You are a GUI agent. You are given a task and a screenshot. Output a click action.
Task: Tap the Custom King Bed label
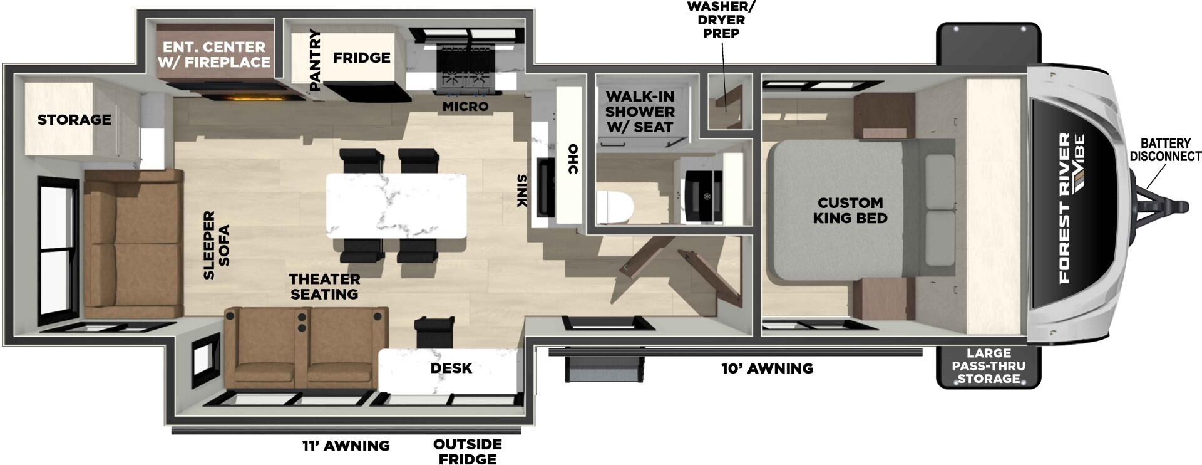(x=850, y=211)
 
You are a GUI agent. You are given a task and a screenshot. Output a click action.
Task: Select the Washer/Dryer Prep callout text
(x=721, y=19)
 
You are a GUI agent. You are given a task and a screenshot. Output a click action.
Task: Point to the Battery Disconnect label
(x=1165, y=150)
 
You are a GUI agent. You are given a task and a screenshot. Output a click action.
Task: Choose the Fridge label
(x=361, y=58)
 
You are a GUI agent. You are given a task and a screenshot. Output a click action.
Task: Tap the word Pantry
(x=315, y=60)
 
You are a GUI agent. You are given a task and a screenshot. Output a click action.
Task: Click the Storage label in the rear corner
(x=74, y=120)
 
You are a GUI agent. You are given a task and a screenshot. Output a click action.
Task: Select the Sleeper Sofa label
(x=217, y=245)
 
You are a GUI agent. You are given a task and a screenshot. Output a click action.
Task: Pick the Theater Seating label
(x=324, y=286)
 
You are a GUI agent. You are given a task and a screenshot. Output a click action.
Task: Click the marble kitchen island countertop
(x=396, y=206)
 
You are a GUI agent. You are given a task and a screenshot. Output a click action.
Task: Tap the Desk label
(x=451, y=368)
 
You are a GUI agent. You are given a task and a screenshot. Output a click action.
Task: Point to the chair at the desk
(x=434, y=332)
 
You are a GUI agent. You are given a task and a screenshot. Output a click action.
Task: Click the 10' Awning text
(x=767, y=368)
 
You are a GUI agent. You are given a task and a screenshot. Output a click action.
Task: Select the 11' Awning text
(x=346, y=446)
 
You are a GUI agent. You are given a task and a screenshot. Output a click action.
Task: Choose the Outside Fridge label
(x=467, y=451)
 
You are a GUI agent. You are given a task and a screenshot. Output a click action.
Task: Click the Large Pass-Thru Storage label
(x=989, y=366)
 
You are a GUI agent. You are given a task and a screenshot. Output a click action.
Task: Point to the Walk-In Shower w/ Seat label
(x=640, y=112)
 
